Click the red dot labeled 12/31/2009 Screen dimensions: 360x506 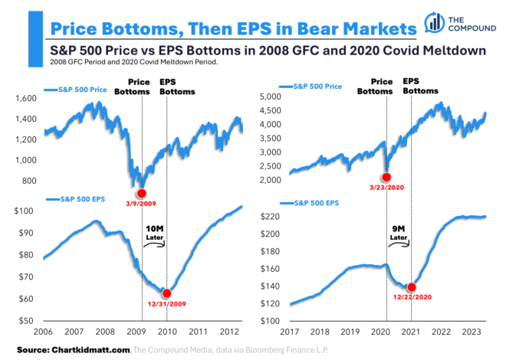(166, 293)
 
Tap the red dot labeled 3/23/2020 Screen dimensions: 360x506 (386, 177)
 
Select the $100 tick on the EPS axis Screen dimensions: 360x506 (26, 211)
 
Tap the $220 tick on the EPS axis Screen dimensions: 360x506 (272, 217)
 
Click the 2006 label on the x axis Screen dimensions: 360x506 (43, 332)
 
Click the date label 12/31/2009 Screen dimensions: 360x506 (167, 305)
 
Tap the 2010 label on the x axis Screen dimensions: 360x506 (168, 332)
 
